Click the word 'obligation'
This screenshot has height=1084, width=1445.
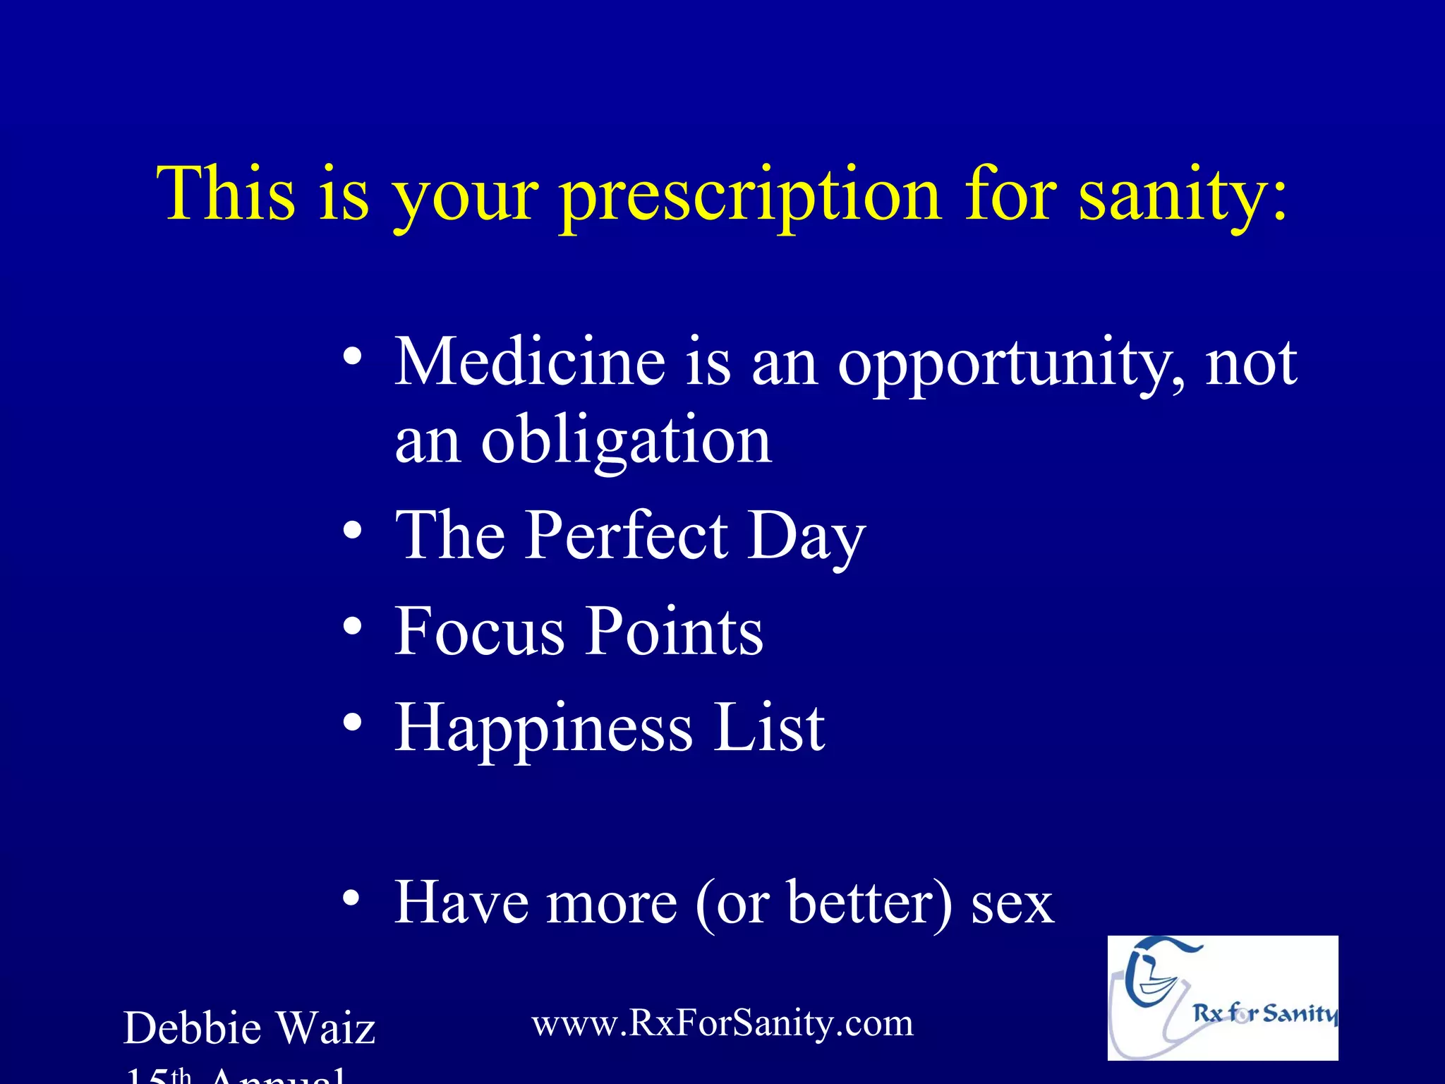coord(626,441)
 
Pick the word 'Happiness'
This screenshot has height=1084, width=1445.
coord(543,728)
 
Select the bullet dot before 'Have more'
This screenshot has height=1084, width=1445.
coord(353,898)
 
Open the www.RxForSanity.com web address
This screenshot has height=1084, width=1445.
coord(722,1023)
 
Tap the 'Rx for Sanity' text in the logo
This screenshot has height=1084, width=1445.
coord(1264,1013)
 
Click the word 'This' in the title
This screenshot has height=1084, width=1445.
coord(226,193)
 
